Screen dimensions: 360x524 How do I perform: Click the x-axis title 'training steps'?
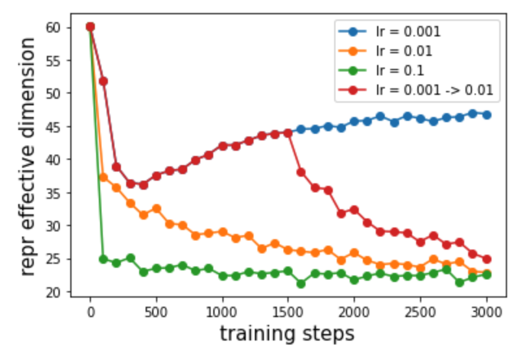point(287,334)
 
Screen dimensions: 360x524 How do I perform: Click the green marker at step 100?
point(103,259)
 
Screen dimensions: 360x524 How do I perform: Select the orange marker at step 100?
point(103,177)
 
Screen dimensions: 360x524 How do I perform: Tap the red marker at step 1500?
point(288,133)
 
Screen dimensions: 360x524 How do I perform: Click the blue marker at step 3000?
point(486,115)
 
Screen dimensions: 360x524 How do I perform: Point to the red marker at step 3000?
point(486,259)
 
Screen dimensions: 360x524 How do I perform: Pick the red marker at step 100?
point(103,81)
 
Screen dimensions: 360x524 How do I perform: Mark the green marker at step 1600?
point(301,283)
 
